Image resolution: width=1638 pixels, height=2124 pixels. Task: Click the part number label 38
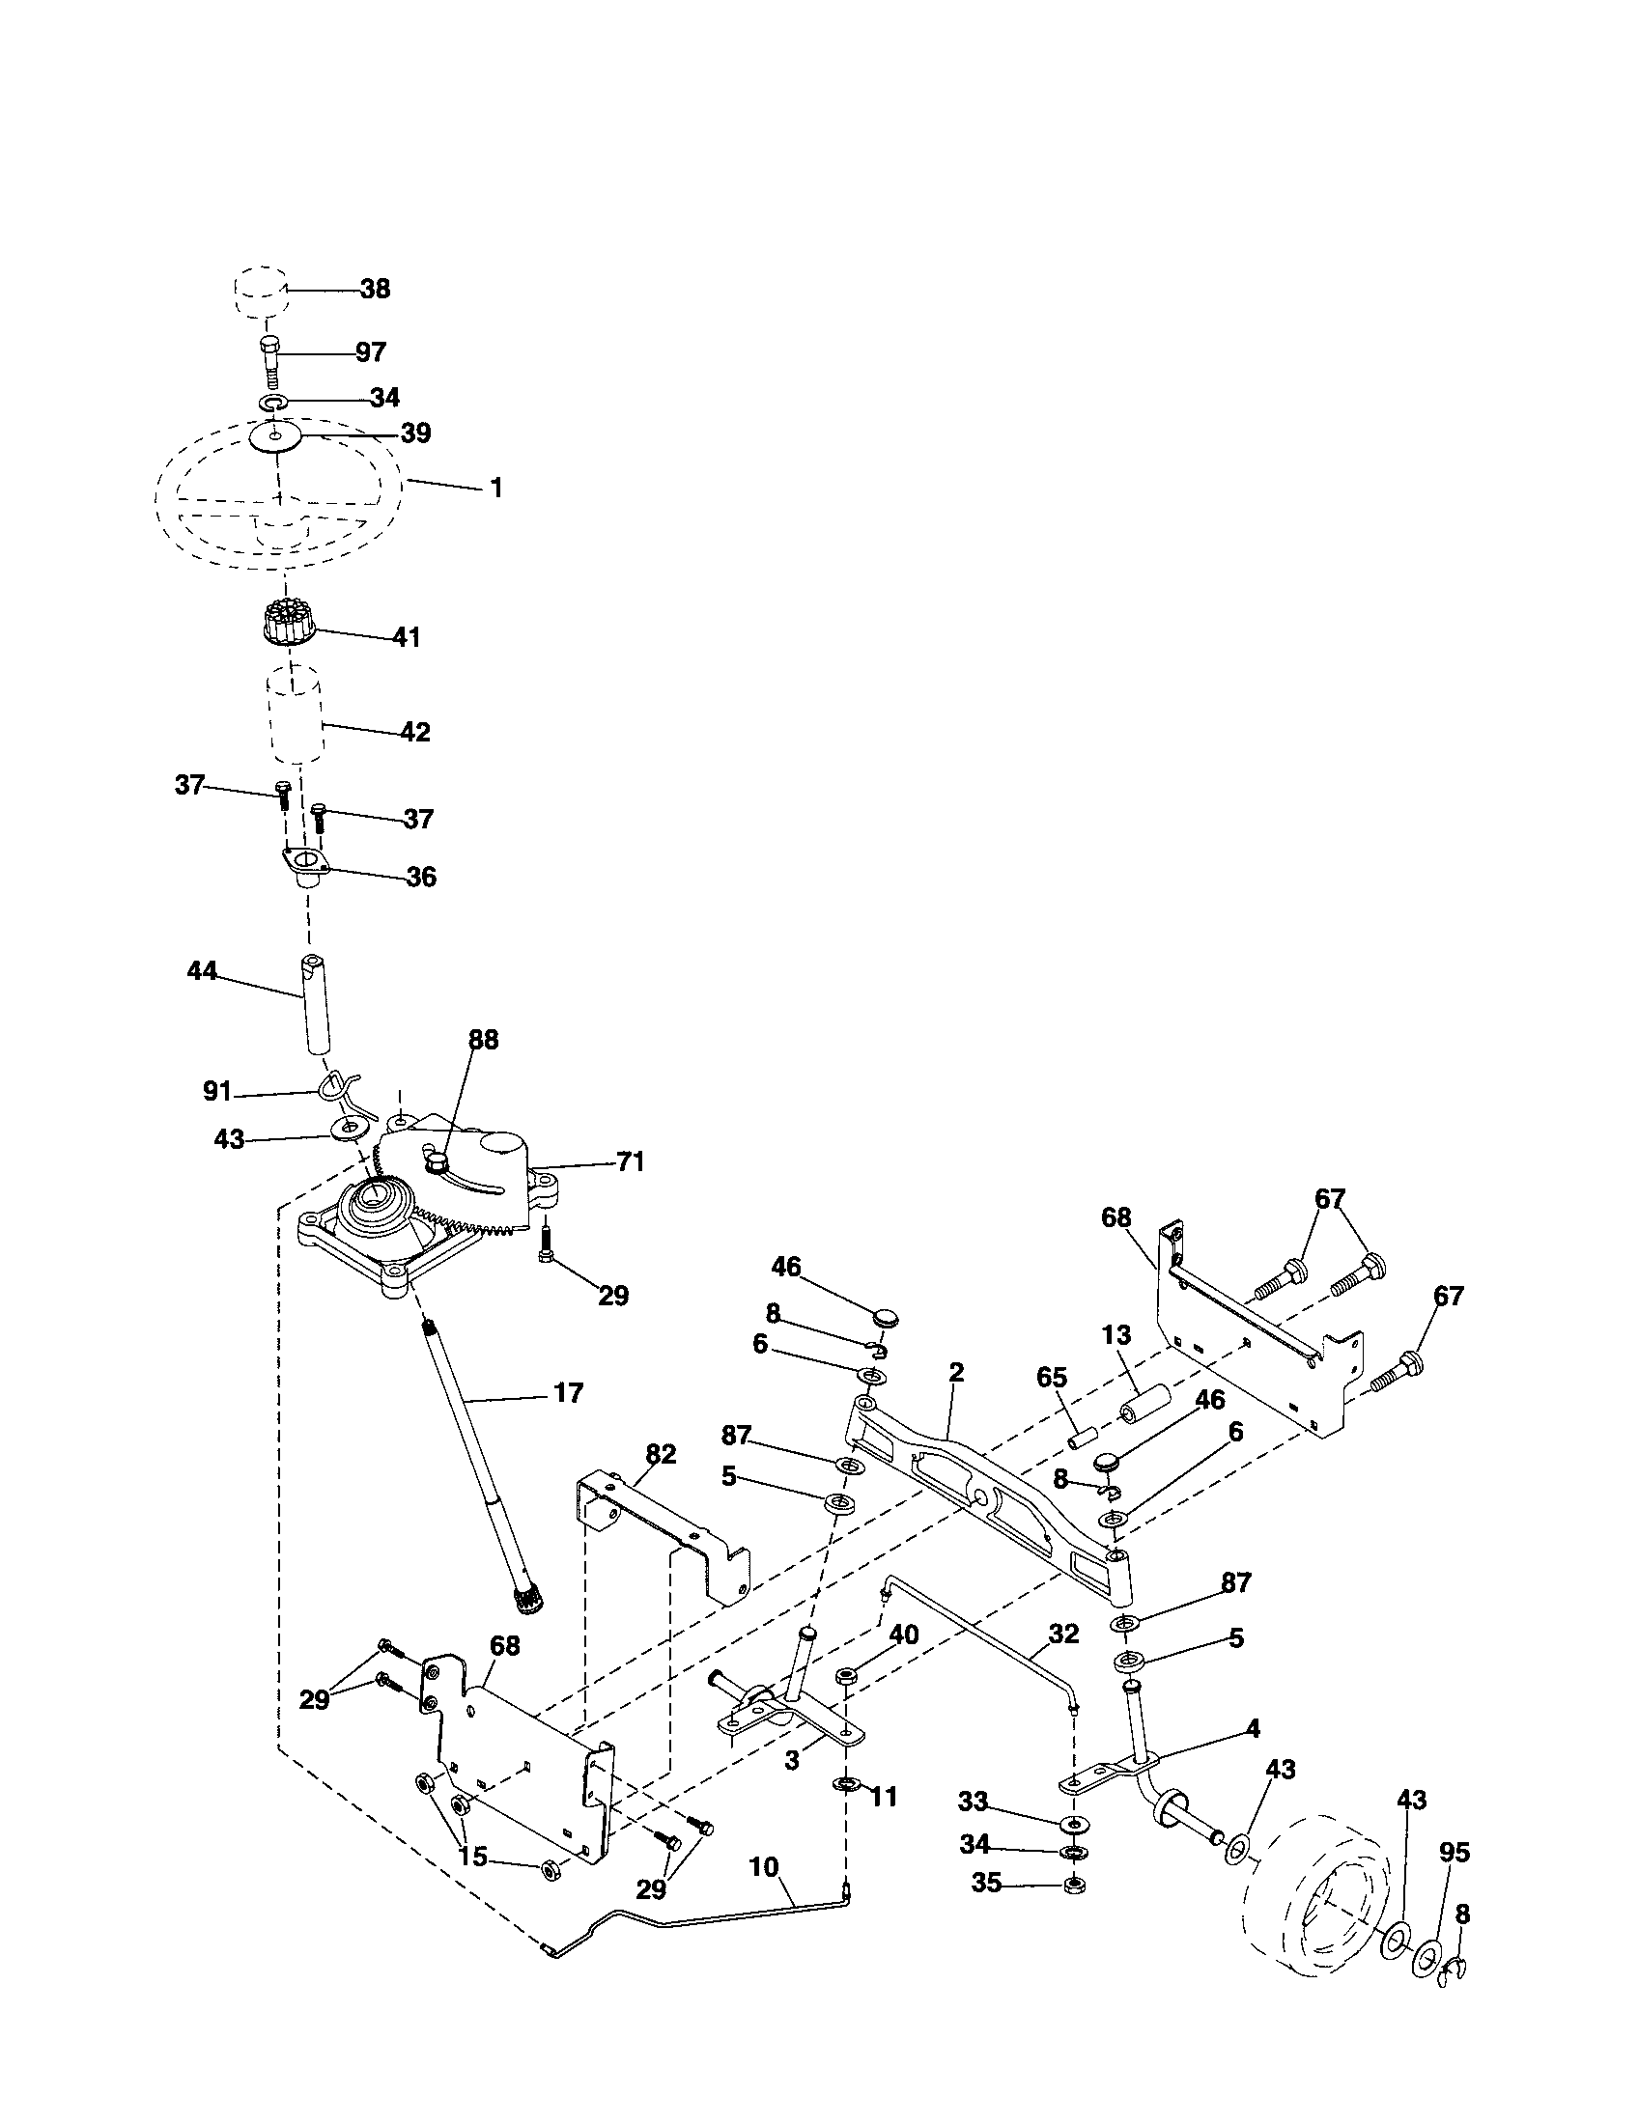[375, 289]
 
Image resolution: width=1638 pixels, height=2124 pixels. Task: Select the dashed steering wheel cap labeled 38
[260, 290]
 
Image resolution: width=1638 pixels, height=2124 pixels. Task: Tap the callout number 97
[370, 352]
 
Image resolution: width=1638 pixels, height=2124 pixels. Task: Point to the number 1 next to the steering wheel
[496, 488]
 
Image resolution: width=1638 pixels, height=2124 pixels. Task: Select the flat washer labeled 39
[276, 436]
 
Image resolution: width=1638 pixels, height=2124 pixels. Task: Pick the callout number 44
[201, 970]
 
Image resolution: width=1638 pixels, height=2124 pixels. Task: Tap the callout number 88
[483, 1040]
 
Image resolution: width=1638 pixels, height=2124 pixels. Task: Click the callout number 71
[631, 1161]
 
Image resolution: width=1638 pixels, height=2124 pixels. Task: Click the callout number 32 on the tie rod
[1064, 1634]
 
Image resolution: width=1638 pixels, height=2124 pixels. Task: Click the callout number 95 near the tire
[1454, 1853]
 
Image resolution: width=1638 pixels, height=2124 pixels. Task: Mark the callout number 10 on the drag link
[764, 1866]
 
